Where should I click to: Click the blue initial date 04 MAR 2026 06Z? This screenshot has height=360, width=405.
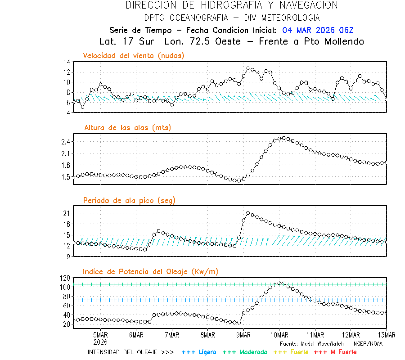[x=318, y=30]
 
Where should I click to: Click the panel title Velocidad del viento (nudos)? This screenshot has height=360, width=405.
[x=134, y=55]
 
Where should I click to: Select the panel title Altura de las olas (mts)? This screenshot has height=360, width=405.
[x=127, y=128]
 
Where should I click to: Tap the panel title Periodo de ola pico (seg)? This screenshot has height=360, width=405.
[x=129, y=200]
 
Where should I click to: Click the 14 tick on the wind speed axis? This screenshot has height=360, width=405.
[x=66, y=62]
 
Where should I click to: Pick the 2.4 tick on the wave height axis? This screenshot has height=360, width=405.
[x=65, y=142]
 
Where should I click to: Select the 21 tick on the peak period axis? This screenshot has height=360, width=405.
[x=66, y=213]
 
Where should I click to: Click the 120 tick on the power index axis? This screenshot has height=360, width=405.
[x=64, y=278]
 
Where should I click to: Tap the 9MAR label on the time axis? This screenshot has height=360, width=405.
[x=243, y=335]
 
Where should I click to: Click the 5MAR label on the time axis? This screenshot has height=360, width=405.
[x=100, y=335]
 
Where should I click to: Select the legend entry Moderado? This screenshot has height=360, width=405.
[x=243, y=352]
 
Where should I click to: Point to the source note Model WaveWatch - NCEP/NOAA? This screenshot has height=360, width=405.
[x=331, y=343]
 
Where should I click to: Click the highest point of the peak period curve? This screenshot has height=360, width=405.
[x=248, y=212]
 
